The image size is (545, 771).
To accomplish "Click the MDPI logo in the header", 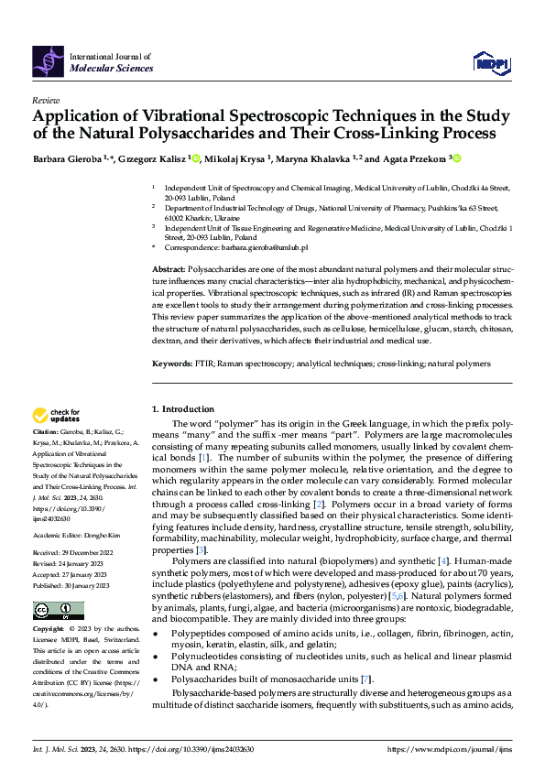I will pos(490,60).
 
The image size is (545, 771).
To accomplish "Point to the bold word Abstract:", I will pos(168,268).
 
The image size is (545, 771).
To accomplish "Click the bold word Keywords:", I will pos(171,364).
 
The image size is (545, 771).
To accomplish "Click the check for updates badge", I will pos(56,417).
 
